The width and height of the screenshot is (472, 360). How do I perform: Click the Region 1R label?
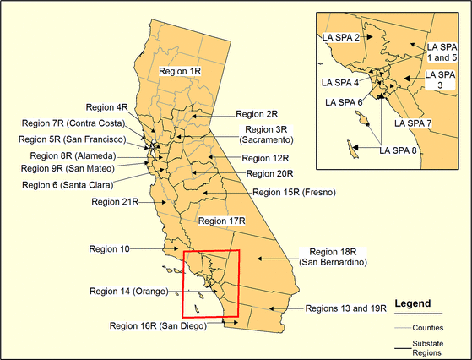coord(182,74)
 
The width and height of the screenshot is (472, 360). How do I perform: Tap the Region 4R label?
coord(107,107)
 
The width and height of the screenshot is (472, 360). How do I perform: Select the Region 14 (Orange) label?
coord(132,291)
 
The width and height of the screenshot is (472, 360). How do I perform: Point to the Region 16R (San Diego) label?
coord(159,325)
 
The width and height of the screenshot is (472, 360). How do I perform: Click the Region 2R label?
coord(257,113)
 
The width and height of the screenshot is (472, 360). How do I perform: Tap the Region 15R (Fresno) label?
coord(294,193)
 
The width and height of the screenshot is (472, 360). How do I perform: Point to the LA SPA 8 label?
coord(399,150)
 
